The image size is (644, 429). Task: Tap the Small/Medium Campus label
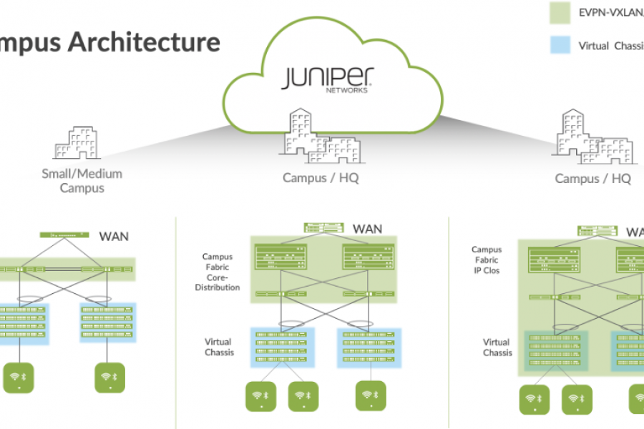[x=82, y=181]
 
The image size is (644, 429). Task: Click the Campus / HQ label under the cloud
[x=321, y=178]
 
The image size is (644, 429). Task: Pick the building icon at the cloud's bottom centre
[x=321, y=138]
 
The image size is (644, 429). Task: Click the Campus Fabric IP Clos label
[x=487, y=260]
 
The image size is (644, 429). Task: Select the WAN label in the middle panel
[x=368, y=229]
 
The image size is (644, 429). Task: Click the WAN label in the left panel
[x=114, y=235]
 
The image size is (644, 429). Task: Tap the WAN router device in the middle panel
[x=324, y=227]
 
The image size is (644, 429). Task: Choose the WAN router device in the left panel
[x=60, y=235]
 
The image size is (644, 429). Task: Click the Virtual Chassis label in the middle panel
[x=218, y=347]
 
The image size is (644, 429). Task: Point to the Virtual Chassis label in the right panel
[x=497, y=347]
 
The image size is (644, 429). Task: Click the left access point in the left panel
[x=18, y=378]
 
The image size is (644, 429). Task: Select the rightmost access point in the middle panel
[x=369, y=395]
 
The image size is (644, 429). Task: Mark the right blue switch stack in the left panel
[x=107, y=322]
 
